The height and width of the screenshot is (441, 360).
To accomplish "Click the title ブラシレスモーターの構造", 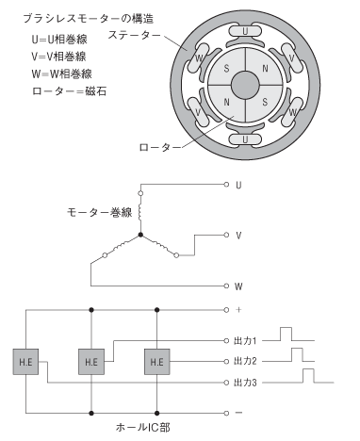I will coord(80,18).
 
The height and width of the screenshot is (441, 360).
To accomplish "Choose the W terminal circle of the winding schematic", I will coord(227,285).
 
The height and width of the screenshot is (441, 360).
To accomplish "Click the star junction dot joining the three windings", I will coord(141,235).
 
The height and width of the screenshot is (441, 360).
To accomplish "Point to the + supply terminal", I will coord(227,308).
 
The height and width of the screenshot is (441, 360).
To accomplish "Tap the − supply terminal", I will coord(227,413).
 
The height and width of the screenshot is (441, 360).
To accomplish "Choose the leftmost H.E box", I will coord(24,362).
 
